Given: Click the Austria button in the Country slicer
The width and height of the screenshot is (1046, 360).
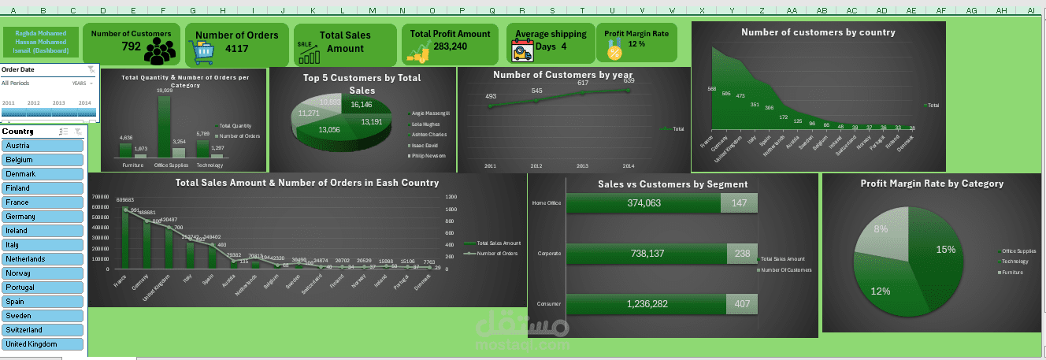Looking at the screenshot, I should tap(43, 146).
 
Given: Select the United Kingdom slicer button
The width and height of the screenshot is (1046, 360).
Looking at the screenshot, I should tap(43, 344).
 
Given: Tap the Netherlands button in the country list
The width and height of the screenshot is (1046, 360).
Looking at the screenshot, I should tap(43, 259).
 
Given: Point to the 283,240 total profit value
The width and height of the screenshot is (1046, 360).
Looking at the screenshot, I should tap(450, 46).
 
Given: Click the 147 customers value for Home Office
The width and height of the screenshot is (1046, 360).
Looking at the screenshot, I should tap(739, 203).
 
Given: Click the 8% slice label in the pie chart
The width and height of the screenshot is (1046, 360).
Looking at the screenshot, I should tap(880, 229).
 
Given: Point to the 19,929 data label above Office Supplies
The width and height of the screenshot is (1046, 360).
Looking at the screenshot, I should tap(164, 91).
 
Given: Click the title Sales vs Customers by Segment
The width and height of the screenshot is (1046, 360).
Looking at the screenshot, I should tap(673, 184).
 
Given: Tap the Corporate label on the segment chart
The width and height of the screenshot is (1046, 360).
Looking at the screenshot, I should tap(548, 254).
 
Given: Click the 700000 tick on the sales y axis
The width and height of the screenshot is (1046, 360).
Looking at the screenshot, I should tap(100, 197).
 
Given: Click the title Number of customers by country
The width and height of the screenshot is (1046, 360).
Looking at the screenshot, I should tap(818, 32).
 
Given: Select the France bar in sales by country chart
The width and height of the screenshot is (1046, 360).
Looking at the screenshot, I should tap(124, 237).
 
